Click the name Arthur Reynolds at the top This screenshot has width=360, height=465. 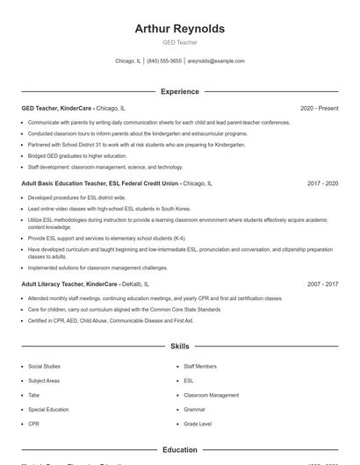click(179, 29)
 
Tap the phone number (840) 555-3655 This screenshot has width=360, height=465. click(164, 61)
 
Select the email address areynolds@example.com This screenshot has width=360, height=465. click(216, 61)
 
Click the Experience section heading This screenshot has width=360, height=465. click(179, 91)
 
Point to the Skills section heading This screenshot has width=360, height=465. click(179, 347)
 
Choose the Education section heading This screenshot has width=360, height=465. click(179, 450)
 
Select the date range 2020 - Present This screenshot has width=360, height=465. click(319, 108)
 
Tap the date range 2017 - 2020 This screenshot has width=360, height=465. click(322, 183)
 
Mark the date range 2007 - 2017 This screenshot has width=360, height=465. click(322, 284)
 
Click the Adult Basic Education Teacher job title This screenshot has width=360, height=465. click(100, 183)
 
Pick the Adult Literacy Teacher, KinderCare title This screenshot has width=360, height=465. click(69, 284)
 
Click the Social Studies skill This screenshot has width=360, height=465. click(45, 366)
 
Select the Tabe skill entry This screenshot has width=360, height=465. click(34, 395)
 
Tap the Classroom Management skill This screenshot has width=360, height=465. click(211, 395)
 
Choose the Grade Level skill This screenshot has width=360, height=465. click(198, 424)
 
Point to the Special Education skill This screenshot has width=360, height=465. click(47, 409)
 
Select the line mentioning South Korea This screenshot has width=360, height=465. click(108, 209)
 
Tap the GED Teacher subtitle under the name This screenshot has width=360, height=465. click(179, 42)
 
